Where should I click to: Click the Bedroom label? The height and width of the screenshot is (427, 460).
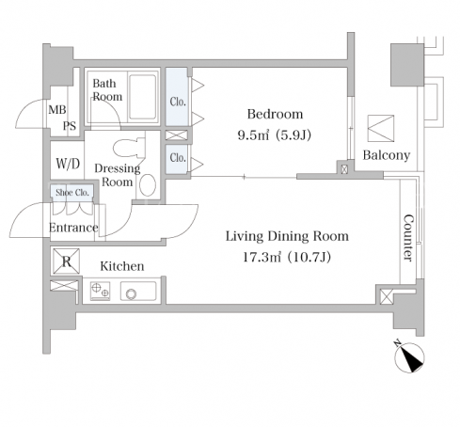[275, 114]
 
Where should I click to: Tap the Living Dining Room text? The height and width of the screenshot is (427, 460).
[287, 236]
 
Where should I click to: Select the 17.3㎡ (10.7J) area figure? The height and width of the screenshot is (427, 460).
[287, 258]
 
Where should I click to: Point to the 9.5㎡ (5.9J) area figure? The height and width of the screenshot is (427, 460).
[275, 135]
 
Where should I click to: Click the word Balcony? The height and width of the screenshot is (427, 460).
[387, 155]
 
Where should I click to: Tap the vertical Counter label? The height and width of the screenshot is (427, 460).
[408, 238]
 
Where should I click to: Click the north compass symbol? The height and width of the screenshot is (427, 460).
[409, 356]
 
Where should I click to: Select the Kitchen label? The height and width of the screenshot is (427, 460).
[122, 266]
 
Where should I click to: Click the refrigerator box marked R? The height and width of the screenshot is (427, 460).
[66, 261]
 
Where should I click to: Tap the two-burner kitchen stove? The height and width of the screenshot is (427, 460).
[101, 291]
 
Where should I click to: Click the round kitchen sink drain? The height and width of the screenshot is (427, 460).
[131, 294]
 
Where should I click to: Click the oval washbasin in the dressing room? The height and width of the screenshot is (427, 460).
[148, 185]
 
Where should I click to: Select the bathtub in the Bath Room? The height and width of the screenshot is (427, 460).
[143, 97]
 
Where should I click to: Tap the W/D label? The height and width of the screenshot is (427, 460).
[68, 164]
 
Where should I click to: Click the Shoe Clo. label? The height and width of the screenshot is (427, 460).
[72, 192]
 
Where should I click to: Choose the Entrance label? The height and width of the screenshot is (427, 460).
[73, 228]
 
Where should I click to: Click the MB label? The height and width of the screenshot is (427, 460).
[57, 110]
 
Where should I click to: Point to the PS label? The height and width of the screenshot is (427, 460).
[70, 126]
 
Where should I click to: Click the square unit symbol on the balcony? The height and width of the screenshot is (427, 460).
[381, 128]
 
